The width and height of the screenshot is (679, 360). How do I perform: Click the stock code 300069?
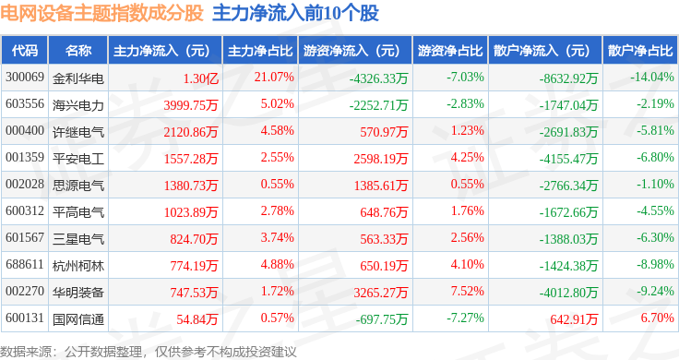click(25, 78)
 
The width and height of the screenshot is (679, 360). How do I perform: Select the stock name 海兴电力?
click(78, 105)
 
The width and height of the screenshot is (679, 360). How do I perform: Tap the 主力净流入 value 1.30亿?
click(201, 78)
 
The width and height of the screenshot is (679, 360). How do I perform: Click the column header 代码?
click(25, 51)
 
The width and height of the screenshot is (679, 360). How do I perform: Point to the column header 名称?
click(78, 51)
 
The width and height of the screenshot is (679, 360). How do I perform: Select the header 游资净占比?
click(450, 51)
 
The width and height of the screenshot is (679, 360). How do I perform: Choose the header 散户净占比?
click(640, 51)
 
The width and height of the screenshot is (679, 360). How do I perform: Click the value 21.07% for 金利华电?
click(274, 78)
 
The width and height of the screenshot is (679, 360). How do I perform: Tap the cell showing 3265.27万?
click(381, 293)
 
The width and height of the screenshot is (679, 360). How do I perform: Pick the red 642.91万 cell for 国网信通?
click(574, 319)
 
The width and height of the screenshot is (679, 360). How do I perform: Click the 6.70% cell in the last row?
click(658, 318)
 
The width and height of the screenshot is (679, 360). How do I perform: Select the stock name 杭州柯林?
click(78, 266)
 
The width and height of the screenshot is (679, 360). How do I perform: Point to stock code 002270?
click(25, 291)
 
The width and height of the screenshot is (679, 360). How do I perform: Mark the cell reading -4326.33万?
click(379, 78)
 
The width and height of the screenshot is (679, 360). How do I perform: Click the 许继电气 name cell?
click(78, 132)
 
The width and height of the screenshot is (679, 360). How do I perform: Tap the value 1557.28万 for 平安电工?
click(191, 159)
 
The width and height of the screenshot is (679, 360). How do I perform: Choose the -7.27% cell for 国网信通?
click(466, 318)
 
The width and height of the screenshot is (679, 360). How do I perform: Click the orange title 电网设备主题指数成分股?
click(102, 13)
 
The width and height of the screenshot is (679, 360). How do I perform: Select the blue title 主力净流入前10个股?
click(296, 13)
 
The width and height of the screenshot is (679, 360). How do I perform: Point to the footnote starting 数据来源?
click(149, 352)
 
